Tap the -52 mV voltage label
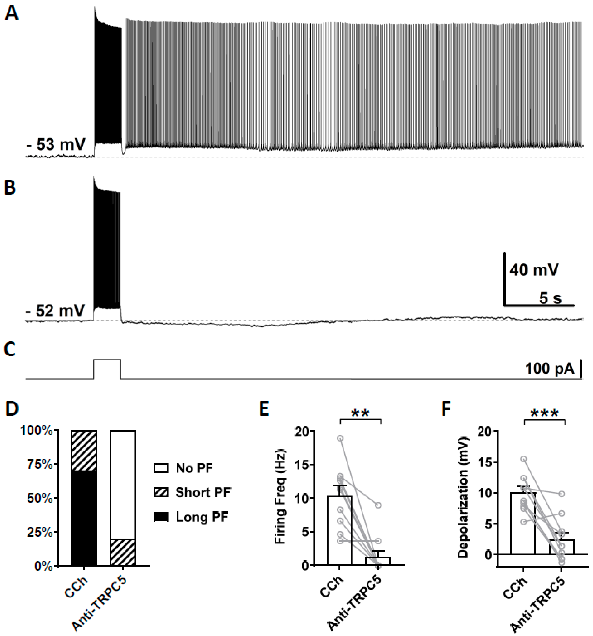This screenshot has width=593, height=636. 55,310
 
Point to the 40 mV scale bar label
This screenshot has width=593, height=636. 534,270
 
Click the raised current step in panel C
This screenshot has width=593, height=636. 107,360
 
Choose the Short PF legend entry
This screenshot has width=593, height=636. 203,492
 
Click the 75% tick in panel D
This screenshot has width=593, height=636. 40,464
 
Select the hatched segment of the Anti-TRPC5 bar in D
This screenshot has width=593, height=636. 123,553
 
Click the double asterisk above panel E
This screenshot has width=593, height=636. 360,413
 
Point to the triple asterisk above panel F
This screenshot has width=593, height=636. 544,413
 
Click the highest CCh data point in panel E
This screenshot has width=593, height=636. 340,438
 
